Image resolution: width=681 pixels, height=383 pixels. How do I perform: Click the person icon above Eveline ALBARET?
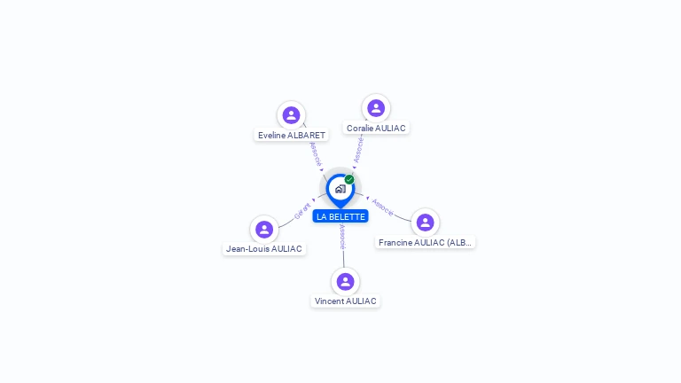pos(291,115)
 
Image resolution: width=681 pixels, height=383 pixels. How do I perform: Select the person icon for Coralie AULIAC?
pos(376,108)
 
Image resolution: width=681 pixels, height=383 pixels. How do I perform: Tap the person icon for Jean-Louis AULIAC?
pos(264,230)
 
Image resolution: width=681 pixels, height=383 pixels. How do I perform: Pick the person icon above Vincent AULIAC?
pos(345,282)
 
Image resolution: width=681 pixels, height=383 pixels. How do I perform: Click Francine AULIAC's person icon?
pos(425,223)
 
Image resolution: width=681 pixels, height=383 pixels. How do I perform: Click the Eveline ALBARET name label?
pos(292,136)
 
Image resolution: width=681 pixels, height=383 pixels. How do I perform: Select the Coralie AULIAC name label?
pos(376,129)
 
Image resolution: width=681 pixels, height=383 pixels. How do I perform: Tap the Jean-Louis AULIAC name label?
pos(264,249)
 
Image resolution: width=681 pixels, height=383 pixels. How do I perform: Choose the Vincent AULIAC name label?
pos(345,301)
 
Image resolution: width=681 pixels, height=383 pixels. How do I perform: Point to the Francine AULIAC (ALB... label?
pos(426,243)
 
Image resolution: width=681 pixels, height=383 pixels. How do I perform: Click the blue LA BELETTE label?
pos(340,216)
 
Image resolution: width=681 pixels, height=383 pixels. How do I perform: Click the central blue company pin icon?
pos(340,189)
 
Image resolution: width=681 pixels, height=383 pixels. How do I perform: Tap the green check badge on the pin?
pos(349,179)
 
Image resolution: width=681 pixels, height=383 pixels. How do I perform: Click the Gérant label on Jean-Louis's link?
pos(302,211)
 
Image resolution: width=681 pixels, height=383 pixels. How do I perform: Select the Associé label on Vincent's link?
pos(342,236)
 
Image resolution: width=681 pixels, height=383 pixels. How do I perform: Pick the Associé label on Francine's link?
pos(383,207)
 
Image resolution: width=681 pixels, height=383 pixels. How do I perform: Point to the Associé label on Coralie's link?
pos(357,150)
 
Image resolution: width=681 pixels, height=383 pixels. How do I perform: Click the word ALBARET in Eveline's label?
pos(307,136)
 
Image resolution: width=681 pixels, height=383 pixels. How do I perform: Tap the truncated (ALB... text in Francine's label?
pos(459,243)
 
